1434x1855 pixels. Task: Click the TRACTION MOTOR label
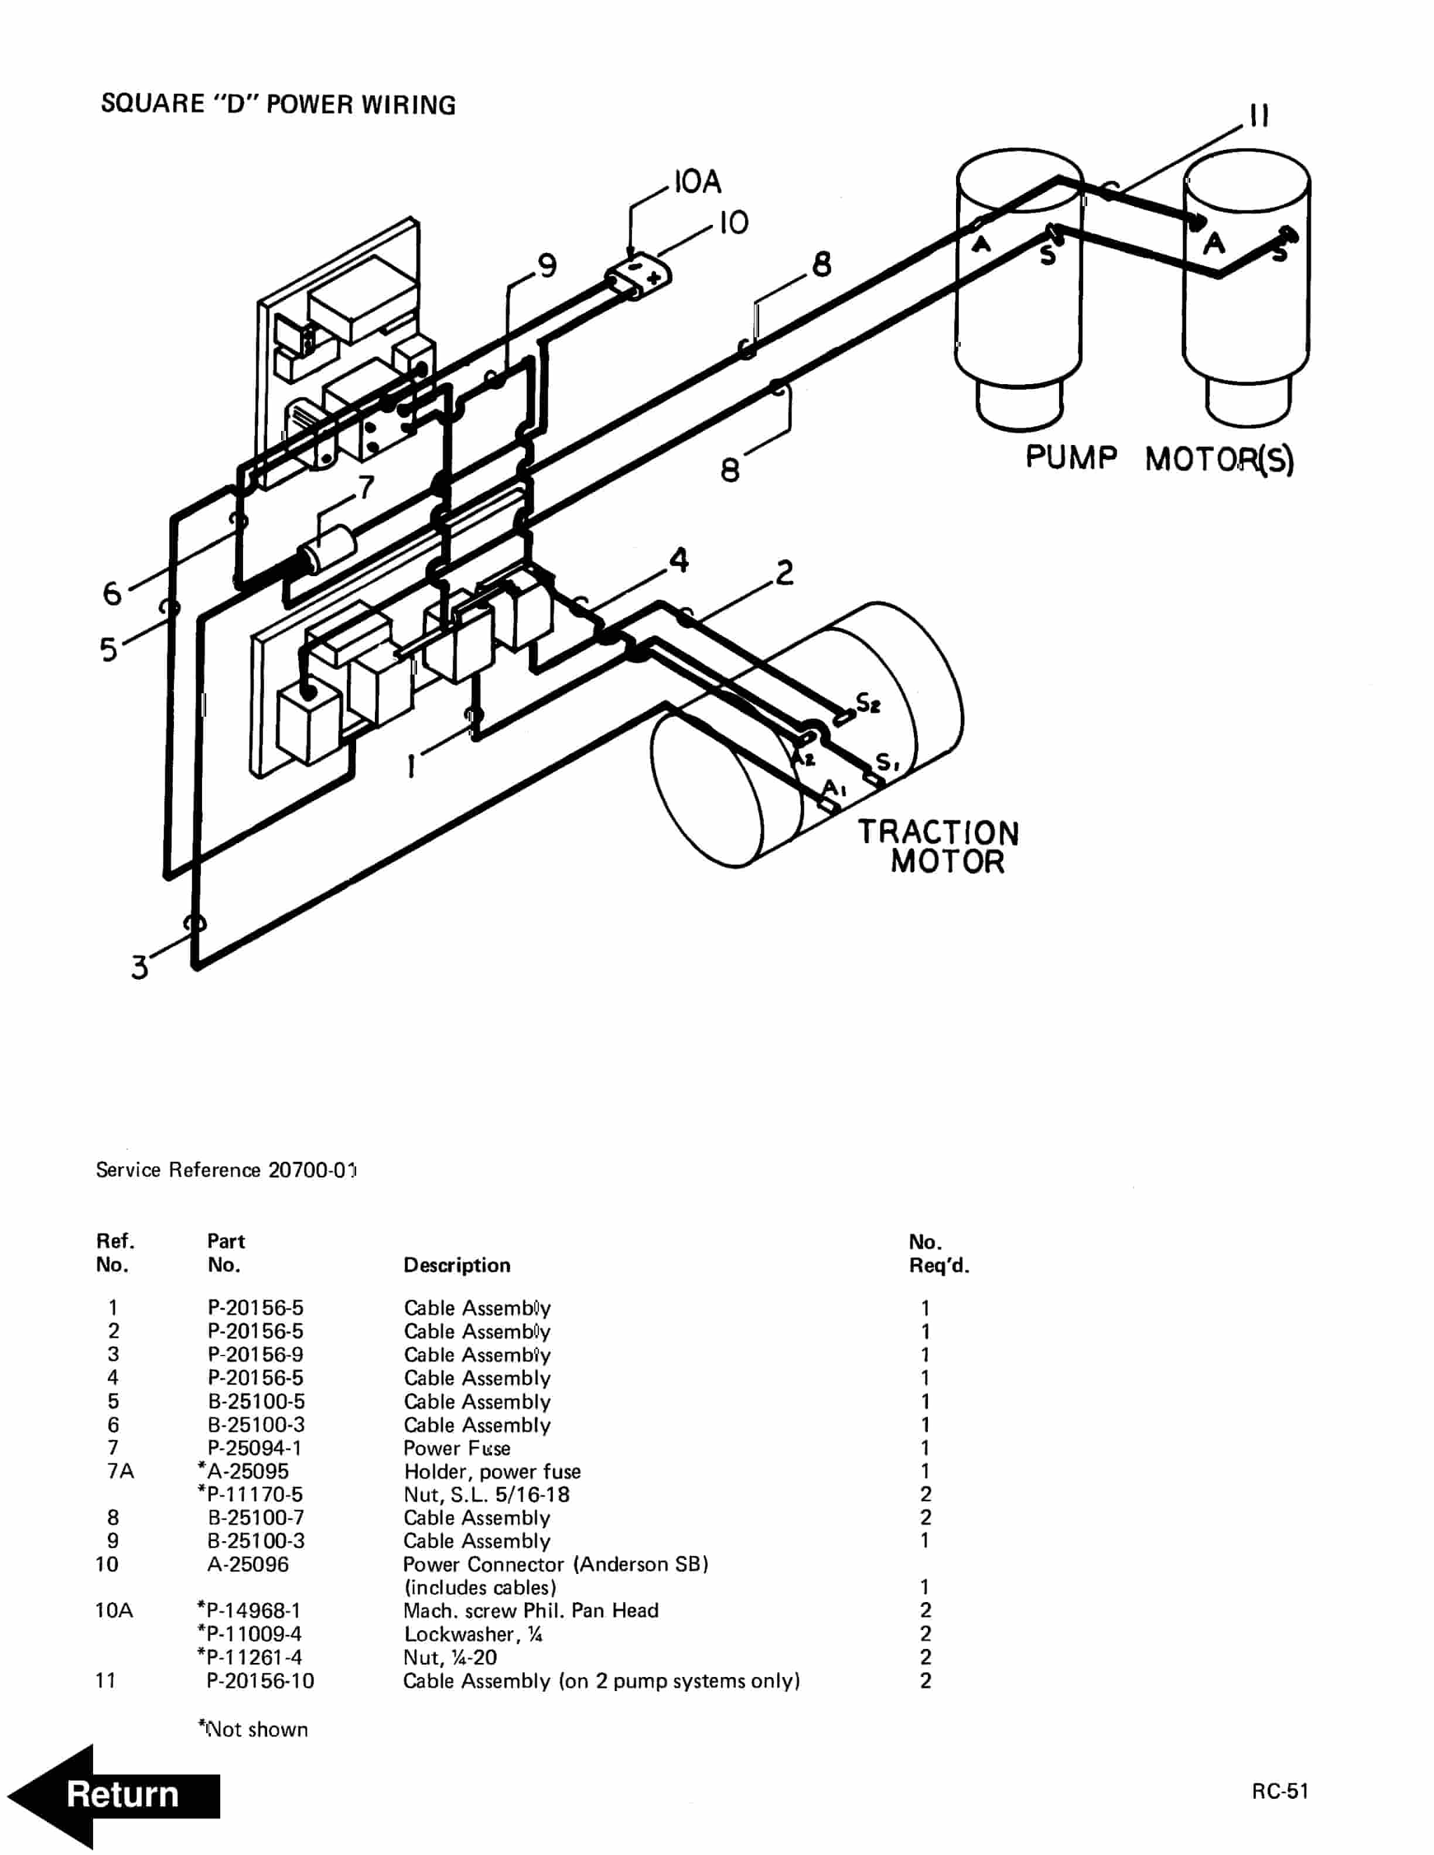pyautogui.click(x=939, y=847)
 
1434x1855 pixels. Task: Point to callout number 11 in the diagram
pyautogui.click(x=1259, y=115)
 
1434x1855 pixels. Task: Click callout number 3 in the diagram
pyautogui.click(x=139, y=967)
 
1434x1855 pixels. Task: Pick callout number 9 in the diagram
pyautogui.click(x=548, y=266)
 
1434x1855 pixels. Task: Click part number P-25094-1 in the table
pyautogui.click(x=255, y=1447)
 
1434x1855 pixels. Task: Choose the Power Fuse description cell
pyautogui.click(x=457, y=1447)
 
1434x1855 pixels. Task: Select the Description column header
pyautogui.click(x=457, y=1265)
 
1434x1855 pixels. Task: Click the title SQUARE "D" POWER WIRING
pyautogui.click(x=278, y=104)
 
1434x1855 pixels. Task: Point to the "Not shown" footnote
pyautogui.click(x=253, y=1729)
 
